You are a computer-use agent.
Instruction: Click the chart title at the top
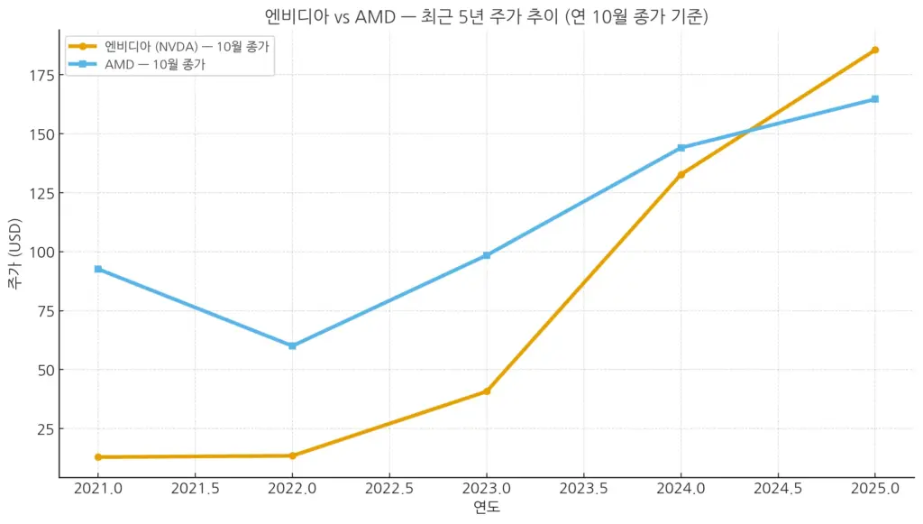pos(487,15)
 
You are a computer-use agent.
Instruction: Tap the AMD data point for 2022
pos(292,345)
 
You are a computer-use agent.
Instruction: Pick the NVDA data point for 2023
pos(487,391)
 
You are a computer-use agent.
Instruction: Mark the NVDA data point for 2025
pos(874,50)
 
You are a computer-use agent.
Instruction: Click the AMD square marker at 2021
pos(97,269)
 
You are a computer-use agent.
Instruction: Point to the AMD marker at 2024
pos(681,148)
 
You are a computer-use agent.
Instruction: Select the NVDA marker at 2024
pos(681,174)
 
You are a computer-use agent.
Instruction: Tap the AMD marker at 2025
pos(874,99)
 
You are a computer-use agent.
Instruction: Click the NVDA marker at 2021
pos(97,457)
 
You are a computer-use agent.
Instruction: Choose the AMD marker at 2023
pos(487,255)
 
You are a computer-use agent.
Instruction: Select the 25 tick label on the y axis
pos(44,428)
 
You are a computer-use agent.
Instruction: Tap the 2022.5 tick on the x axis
pos(389,489)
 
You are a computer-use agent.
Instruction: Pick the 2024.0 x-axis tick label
pos(681,489)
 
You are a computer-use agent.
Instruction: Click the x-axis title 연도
pos(487,508)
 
